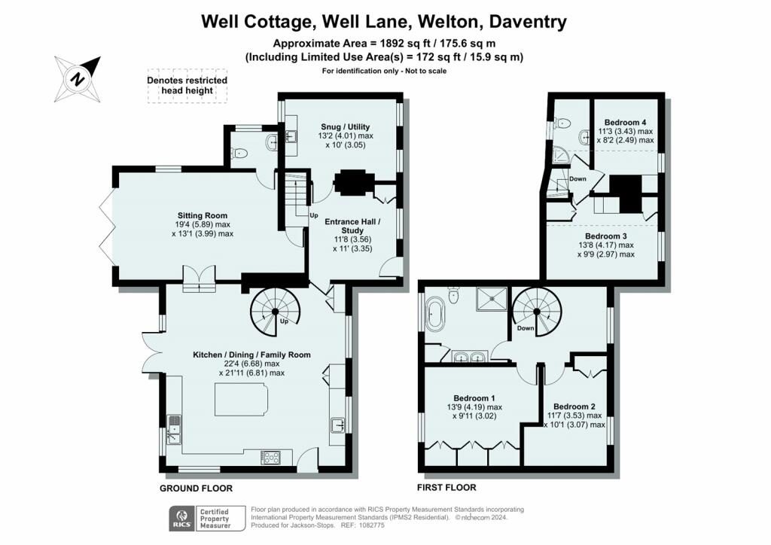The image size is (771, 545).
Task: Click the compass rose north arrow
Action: click(x=78, y=79)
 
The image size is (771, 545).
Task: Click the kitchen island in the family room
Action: click(x=242, y=400)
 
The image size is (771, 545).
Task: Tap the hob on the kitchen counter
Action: click(x=271, y=458)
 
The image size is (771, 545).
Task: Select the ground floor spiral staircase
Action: click(x=275, y=312)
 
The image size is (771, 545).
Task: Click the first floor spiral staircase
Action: click(x=536, y=312)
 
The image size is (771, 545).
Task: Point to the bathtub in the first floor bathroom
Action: click(x=434, y=314)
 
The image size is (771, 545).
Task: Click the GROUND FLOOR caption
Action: click(x=196, y=488)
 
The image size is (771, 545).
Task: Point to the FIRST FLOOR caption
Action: click(x=446, y=488)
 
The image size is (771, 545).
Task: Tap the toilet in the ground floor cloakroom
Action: click(x=239, y=154)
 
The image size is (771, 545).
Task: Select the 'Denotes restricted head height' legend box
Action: click(x=187, y=86)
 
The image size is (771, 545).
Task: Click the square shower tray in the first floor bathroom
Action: click(x=491, y=299)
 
